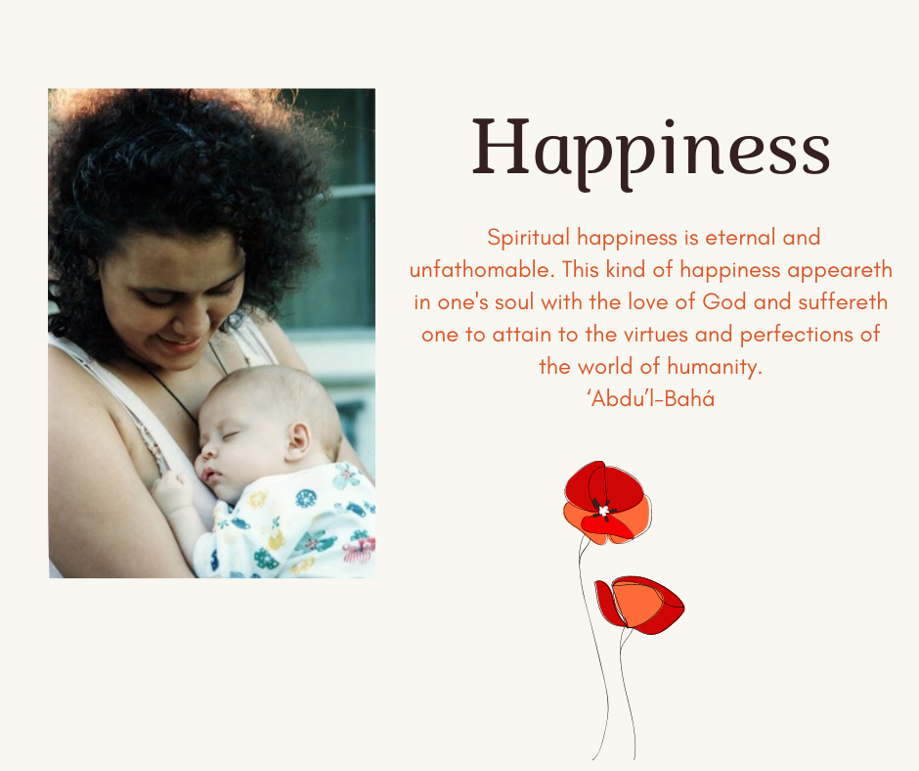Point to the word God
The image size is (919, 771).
[x=723, y=302]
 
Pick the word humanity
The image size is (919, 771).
[x=715, y=367]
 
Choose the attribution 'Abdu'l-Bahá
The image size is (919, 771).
[x=650, y=399]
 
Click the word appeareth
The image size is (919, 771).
[x=839, y=270]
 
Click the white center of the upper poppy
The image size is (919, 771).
[x=603, y=511]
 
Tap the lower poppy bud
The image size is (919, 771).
[x=639, y=605]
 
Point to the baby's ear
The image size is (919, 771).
[x=298, y=440]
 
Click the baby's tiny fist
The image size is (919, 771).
[x=171, y=492]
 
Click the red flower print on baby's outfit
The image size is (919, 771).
[x=359, y=551]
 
